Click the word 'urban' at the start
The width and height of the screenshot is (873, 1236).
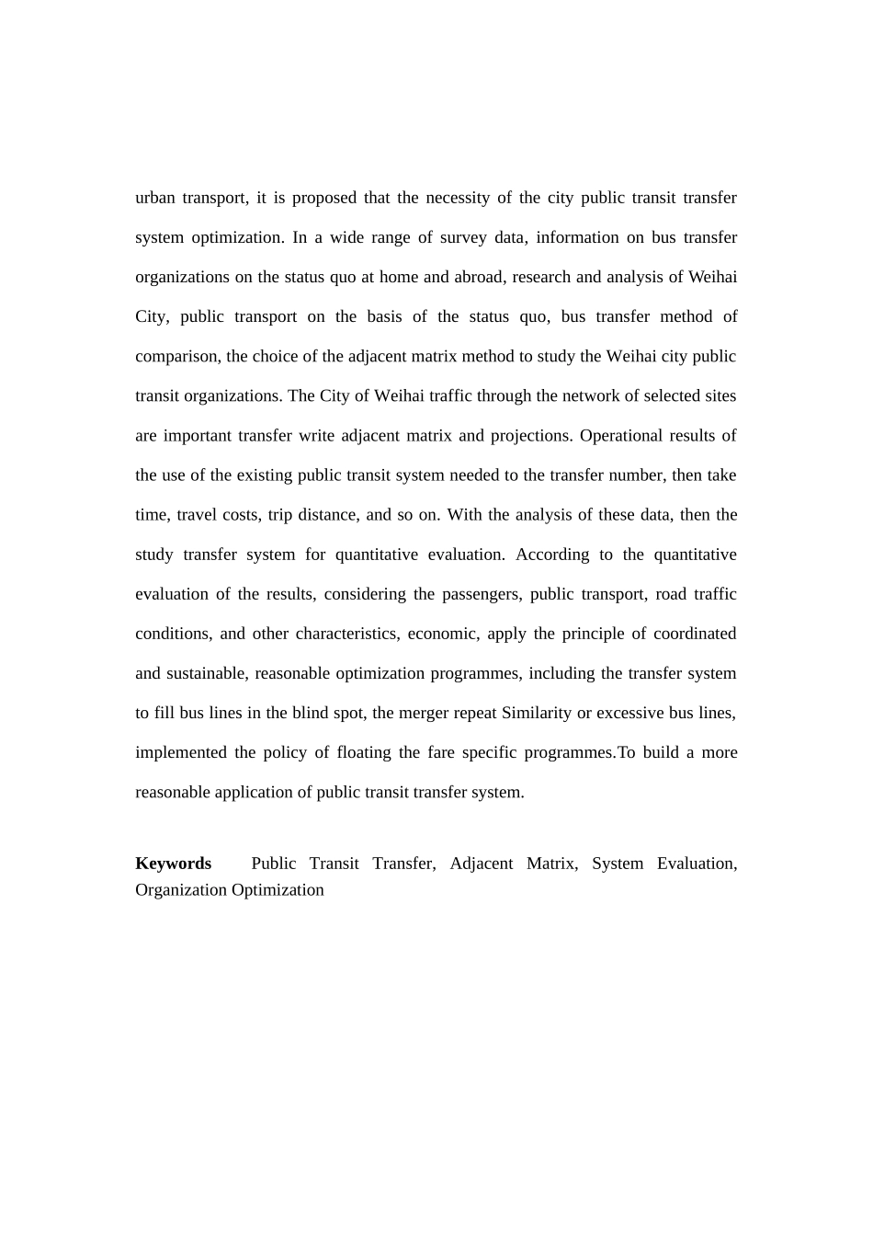coord(154,198)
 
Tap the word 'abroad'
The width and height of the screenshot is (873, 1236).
coord(478,277)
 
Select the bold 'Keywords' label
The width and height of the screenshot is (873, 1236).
coord(173,864)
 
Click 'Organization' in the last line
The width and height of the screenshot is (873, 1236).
coord(181,890)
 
